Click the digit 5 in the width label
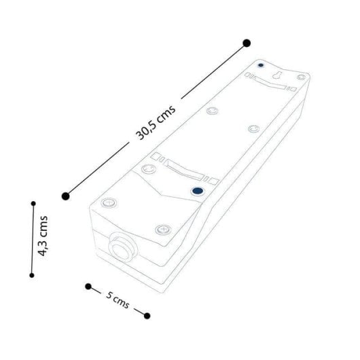pos(109,293)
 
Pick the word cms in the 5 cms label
pos(122,300)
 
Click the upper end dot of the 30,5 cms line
pos(247,43)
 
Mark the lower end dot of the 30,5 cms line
pos(65,196)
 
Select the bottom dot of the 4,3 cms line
pos(31,275)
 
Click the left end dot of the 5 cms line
pos(88,286)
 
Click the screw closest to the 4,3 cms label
pos(107,202)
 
